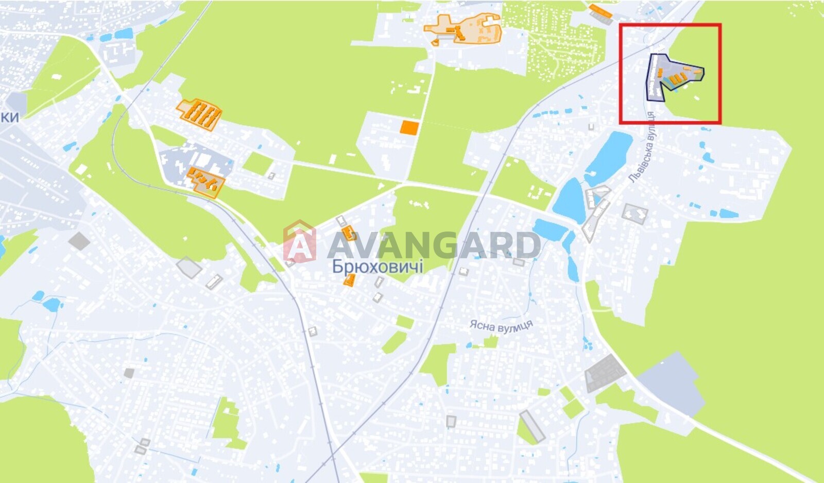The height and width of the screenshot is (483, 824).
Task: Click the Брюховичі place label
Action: [x=377, y=267]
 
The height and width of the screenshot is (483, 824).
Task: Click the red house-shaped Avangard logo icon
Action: [x=299, y=241]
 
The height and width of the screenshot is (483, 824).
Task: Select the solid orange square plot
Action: [x=409, y=127]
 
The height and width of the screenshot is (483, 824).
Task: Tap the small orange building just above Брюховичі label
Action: [x=349, y=233]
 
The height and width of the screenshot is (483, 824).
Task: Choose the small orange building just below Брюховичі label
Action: [x=350, y=280]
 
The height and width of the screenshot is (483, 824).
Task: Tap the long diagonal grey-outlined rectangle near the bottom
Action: [x=533, y=427]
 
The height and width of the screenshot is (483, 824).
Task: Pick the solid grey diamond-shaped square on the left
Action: [x=79, y=241]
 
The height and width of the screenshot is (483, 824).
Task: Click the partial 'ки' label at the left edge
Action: [x=9, y=117]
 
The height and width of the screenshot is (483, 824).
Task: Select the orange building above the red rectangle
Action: [x=600, y=12]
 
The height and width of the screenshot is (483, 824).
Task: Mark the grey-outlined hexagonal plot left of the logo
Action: [x=189, y=267]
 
